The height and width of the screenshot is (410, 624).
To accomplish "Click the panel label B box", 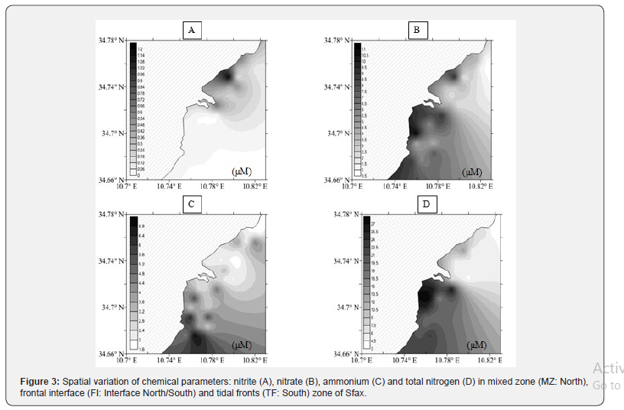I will (x=417, y=31).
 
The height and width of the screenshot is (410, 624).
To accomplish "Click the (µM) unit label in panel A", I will (x=242, y=171).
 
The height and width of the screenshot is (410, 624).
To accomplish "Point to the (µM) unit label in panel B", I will (x=473, y=171).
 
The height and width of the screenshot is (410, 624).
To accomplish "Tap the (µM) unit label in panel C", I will (x=242, y=345).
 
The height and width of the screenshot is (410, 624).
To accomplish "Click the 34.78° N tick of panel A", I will (x=107, y=40).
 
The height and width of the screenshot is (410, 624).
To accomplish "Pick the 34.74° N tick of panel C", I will (x=107, y=261).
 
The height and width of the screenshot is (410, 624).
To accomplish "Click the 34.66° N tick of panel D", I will (x=337, y=354).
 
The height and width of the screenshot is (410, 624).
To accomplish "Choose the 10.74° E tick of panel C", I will (x=168, y=360).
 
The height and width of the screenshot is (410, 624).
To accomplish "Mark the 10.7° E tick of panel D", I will (x=360, y=360).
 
